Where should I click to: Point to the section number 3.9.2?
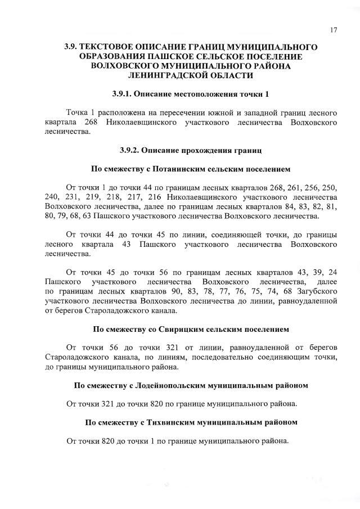132,150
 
